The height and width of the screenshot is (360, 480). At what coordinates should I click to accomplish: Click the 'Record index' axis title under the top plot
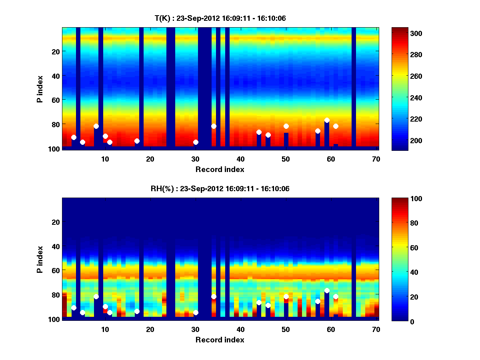click(x=220, y=169)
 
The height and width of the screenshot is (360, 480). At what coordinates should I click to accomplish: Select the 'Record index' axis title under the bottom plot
click(x=220, y=340)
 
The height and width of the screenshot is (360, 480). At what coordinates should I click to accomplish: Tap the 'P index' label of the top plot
click(x=40, y=88)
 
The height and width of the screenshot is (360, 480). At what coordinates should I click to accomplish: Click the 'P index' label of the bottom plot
click(x=40, y=259)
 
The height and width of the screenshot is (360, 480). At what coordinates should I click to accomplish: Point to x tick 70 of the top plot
click(x=376, y=159)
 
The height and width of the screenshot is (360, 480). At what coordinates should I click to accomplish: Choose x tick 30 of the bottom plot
click(x=195, y=329)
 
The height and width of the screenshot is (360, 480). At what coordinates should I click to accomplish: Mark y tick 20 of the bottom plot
click(x=56, y=222)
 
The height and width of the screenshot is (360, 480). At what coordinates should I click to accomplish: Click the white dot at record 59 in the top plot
click(x=327, y=120)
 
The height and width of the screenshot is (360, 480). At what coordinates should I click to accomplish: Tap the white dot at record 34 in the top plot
click(x=214, y=126)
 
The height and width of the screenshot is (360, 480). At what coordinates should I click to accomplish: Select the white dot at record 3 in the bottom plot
click(x=74, y=308)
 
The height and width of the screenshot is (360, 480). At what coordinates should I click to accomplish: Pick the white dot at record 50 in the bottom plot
click(x=286, y=296)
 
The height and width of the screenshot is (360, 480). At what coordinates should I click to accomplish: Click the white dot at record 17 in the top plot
click(x=137, y=141)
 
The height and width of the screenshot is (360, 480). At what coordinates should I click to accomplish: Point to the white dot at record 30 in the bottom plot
click(x=196, y=312)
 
